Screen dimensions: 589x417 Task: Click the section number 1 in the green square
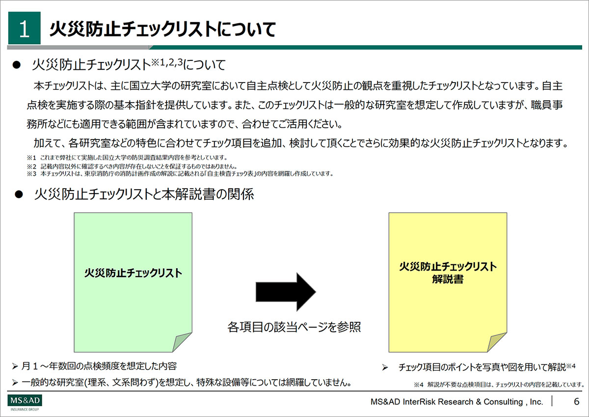click(x=24, y=29)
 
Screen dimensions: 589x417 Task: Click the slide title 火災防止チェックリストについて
click(x=163, y=29)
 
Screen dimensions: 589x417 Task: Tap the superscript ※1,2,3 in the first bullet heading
click(x=167, y=62)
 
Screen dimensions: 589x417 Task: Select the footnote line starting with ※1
click(x=127, y=158)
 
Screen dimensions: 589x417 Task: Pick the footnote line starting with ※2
click(x=132, y=167)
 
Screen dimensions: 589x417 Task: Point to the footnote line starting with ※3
click(x=180, y=174)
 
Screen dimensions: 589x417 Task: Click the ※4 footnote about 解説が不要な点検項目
click(x=499, y=385)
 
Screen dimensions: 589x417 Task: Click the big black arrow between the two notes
click(x=286, y=292)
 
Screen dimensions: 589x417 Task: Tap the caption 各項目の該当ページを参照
click(x=294, y=327)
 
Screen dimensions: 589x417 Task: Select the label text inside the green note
click(x=133, y=273)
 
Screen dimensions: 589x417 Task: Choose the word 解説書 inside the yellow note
click(x=448, y=279)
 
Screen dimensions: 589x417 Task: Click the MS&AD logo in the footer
click(x=25, y=402)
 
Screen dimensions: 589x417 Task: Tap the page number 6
click(x=576, y=401)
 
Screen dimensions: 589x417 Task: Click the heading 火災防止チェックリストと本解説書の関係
click(x=144, y=195)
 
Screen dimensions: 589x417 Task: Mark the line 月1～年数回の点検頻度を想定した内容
click(x=99, y=366)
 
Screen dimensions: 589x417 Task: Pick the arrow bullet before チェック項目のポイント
click(x=385, y=367)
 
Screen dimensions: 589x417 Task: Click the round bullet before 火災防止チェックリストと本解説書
click(x=19, y=195)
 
